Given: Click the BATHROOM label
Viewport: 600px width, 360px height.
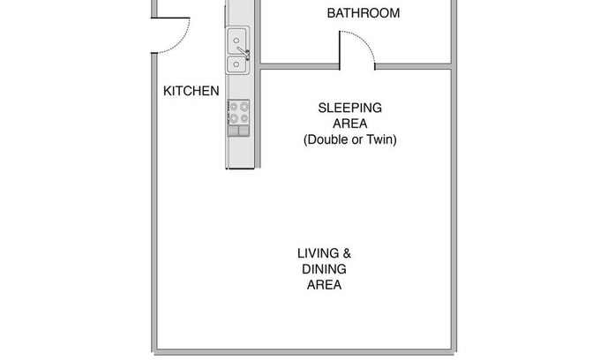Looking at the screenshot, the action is click(x=364, y=13).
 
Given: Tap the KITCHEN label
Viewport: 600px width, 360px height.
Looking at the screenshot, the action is click(x=191, y=91).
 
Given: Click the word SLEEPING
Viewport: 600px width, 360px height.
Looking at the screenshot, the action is click(x=349, y=108).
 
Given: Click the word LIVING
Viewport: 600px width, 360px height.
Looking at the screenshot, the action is click(x=318, y=253).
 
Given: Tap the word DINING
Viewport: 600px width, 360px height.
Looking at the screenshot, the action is click(x=324, y=269).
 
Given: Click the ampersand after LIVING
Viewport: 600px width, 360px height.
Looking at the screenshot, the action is click(x=347, y=253).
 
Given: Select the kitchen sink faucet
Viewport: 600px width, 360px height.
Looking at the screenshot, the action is click(x=244, y=53).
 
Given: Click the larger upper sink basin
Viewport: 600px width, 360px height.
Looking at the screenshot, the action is click(x=236, y=41).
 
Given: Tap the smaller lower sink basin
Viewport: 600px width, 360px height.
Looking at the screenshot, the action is click(x=236, y=64).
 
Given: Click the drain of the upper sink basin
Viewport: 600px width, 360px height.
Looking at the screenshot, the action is click(x=236, y=41).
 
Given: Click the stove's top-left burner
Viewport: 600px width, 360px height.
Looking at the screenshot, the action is click(x=234, y=107).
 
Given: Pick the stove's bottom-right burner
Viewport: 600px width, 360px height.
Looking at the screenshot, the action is click(x=244, y=118).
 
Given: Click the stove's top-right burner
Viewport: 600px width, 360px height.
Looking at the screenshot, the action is click(x=244, y=107).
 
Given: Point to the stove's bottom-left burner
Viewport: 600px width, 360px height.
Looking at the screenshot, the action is click(x=234, y=118).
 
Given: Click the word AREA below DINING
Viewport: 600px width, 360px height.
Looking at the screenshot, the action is click(x=324, y=285).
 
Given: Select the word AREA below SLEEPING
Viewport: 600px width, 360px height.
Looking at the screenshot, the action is click(x=349, y=124).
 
